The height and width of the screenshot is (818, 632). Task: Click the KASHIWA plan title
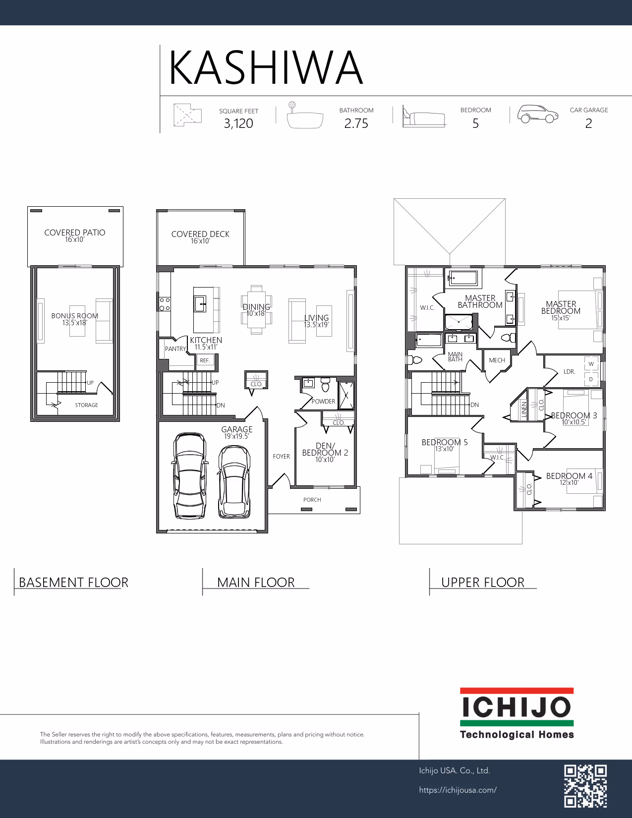click(266, 68)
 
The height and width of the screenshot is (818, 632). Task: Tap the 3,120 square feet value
click(238, 123)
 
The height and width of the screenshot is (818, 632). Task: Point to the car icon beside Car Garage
click(537, 114)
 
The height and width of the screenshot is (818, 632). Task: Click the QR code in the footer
click(585, 786)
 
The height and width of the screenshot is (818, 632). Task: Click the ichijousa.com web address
click(458, 790)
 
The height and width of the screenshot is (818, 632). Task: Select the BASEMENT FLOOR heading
click(73, 583)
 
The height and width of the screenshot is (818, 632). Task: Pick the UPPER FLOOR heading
click(483, 583)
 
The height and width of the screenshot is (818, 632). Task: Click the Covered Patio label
click(74, 233)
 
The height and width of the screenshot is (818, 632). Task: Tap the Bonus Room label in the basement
click(74, 316)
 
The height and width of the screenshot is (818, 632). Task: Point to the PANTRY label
click(175, 349)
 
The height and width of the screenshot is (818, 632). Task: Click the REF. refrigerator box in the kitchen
click(204, 360)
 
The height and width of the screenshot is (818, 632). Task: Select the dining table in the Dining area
click(256, 310)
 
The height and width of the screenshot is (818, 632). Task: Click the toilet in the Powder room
click(325, 385)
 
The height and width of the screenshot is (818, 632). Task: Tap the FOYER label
click(281, 456)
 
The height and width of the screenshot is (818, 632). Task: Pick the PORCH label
click(312, 500)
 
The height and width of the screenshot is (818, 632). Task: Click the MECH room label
click(497, 360)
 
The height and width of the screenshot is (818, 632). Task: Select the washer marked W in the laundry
click(591, 364)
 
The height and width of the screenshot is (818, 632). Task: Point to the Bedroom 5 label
click(445, 442)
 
